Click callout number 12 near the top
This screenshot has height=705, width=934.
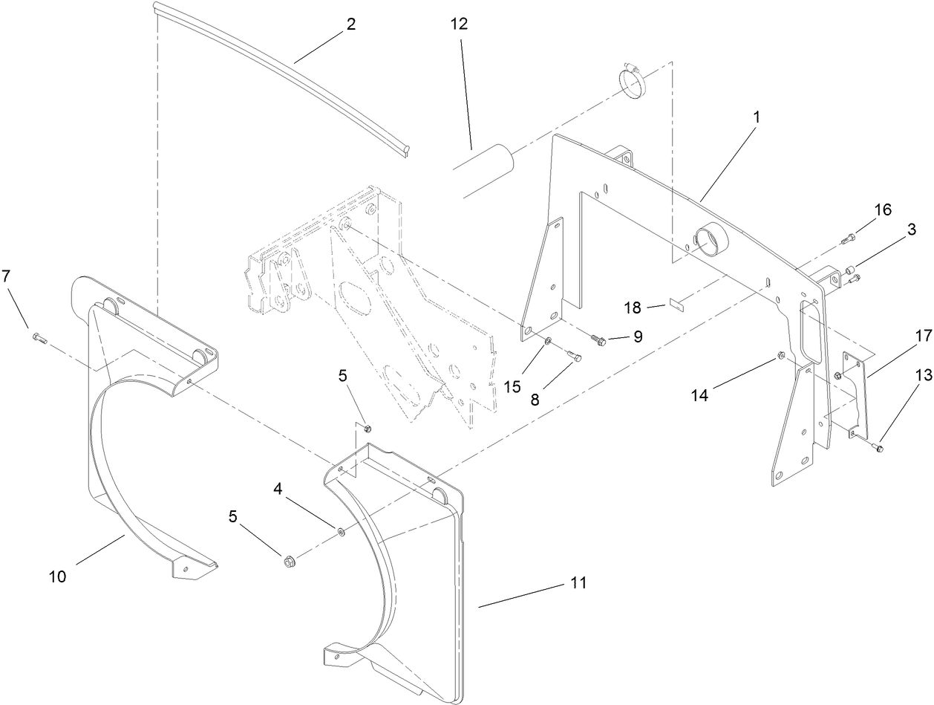click(459, 24)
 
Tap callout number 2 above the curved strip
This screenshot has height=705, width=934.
click(350, 24)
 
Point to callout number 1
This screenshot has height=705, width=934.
click(756, 118)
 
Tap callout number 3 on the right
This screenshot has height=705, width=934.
click(909, 230)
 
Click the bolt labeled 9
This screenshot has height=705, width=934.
click(598, 339)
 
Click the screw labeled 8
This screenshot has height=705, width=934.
click(574, 358)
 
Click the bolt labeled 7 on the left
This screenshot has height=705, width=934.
click(39, 339)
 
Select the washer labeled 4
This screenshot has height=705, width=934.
click(339, 531)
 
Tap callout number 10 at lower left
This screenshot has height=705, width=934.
click(57, 576)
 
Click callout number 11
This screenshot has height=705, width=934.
click(578, 583)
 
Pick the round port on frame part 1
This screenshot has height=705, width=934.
click(709, 238)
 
